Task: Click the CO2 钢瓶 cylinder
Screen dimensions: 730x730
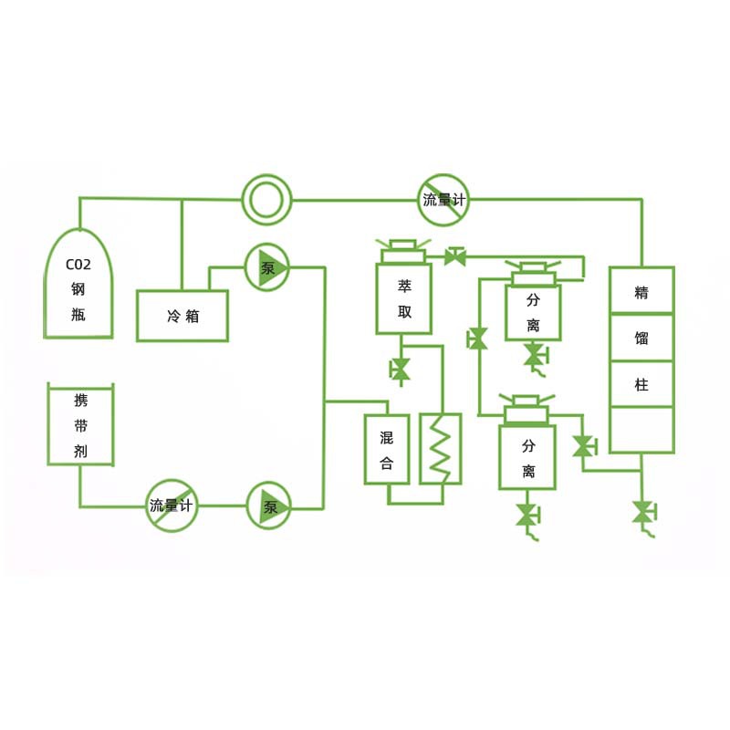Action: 79,285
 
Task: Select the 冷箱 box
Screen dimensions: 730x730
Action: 182,316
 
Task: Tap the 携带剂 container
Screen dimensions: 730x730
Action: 80,425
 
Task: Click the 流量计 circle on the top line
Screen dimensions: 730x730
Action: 444,199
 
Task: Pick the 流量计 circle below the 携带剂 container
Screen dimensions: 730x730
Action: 172,506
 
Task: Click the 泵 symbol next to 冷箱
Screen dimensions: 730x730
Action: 267,268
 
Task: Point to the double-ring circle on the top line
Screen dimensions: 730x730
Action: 266,199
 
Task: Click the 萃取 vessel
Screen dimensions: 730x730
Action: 404,298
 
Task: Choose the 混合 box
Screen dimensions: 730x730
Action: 387,449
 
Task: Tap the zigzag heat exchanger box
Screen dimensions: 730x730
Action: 441,449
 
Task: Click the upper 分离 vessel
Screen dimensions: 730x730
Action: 533,312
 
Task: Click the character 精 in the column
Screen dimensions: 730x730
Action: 641,292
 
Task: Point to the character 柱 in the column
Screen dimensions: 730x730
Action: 641,385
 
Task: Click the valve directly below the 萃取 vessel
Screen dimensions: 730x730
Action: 400,370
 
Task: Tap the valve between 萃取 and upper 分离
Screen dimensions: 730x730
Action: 455,257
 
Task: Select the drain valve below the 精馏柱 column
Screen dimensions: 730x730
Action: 643,512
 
